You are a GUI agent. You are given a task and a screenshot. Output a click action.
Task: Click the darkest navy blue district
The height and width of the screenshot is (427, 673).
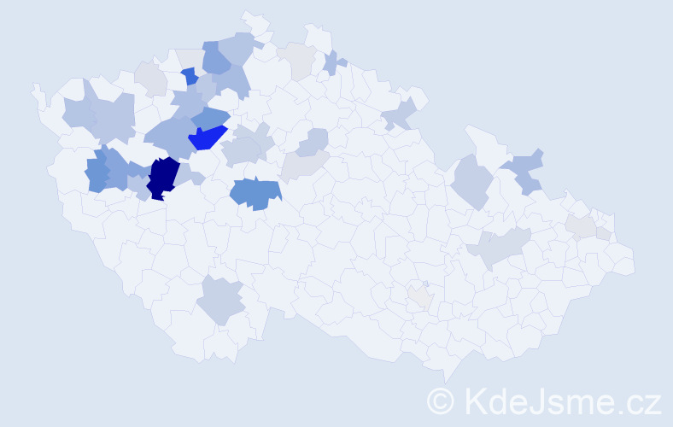[161, 178]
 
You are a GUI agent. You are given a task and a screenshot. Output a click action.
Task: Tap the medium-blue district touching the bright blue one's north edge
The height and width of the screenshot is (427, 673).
[210, 118]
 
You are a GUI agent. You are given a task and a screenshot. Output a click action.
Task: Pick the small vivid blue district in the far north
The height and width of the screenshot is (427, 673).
[190, 76]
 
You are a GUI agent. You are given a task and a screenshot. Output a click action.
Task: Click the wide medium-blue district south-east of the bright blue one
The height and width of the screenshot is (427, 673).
[255, 194]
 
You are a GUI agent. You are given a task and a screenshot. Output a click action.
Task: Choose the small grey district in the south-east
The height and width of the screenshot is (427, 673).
[419, 296]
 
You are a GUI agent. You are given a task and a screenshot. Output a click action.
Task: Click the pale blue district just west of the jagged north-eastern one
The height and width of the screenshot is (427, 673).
[471, 181]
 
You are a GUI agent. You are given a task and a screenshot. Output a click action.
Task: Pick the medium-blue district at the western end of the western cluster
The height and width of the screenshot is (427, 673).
[97, 174]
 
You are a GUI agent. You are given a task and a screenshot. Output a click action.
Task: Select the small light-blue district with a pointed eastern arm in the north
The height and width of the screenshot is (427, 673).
[333, 62]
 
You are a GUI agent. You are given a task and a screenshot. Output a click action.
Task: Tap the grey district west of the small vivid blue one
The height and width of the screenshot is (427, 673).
[151, 79]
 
